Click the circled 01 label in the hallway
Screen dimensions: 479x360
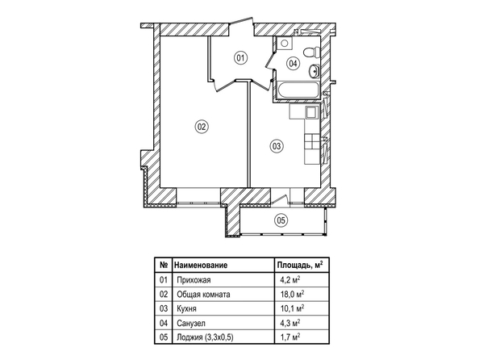(x=240, y=58)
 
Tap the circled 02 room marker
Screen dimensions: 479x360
(x=202, y=127)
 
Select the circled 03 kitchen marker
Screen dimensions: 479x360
(x=277, y=146)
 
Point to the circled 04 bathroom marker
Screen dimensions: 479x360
(x=293, y=64)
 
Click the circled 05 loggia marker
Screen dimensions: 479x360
(x=281, y=220)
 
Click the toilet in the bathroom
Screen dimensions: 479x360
(x=311, y=52)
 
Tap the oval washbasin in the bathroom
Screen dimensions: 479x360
(x=314, y=71)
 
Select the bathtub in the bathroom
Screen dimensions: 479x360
(x=297, y=90)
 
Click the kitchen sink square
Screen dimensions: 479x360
(x=311, y=112)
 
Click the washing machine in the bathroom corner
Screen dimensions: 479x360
(x=285, y=43)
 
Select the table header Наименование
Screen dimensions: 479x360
(x=201, y=265)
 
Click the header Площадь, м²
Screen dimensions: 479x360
(x=300, y=265)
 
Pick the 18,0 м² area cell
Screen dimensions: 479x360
(x=292, y=294)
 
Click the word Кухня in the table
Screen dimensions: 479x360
(x=186, y=308)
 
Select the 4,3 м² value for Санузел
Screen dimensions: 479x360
(x=290, y=323)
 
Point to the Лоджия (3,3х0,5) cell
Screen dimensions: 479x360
(x=205, y=337)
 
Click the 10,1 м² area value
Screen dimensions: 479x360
(x=292, y=308)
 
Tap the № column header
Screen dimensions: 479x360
(x=164, y=265)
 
